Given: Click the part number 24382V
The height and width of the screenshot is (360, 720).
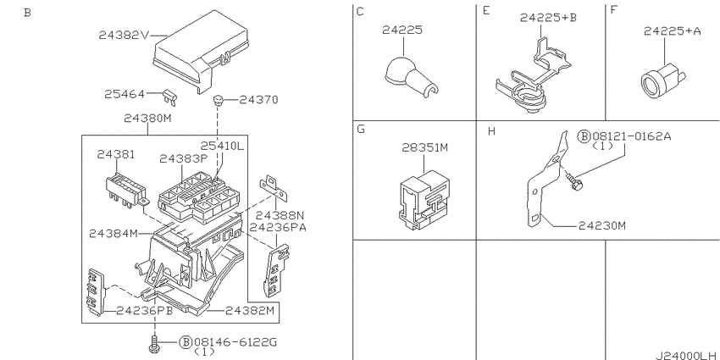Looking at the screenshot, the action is pos(124,35).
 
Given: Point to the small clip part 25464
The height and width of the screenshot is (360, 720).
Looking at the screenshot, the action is pos(170,97).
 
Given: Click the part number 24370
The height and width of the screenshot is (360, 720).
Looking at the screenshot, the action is pos(258,100).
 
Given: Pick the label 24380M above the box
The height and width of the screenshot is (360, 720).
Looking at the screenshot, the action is pos(147,119).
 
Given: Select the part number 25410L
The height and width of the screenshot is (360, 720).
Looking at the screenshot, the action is pos(222,146).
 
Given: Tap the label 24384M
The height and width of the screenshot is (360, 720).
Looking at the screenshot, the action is pos(114,234).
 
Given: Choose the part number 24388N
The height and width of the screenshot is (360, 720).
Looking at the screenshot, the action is pos(280,215).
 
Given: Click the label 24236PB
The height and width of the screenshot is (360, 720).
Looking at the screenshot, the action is pos(145,311).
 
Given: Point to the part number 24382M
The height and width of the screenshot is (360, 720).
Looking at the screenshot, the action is pos(249,311).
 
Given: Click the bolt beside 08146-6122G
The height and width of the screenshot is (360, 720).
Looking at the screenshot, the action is pos(155,344).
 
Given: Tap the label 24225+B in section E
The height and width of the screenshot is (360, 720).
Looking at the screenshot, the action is pos(548,18).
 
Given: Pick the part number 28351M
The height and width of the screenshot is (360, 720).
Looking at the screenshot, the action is pos(424,148).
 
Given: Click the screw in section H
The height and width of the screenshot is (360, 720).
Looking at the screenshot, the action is pos(574,182).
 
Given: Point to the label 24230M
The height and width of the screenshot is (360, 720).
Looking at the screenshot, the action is pos(602,226).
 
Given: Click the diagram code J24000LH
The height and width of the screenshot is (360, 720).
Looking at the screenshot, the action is pos(685,355).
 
